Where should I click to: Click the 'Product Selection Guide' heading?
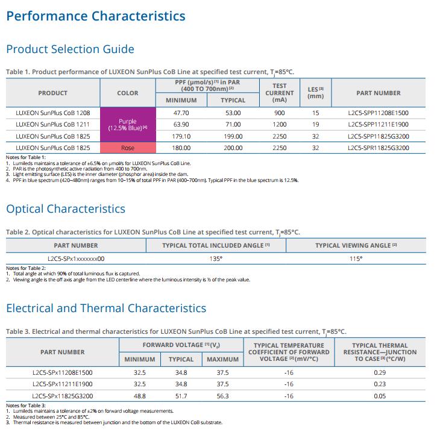tap(70, 49)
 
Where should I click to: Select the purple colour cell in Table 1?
tap(128, 125)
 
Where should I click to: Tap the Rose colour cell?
tap(128, 148)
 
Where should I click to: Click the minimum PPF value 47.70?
tap(181, 113)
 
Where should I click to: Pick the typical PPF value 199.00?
tap(233, 136)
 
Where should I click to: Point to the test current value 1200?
tap(280, 124)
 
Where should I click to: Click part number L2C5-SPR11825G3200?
tap(379, 148)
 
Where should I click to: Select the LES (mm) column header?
tap(316, 93)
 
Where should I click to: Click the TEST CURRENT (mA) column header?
tap(280, 93)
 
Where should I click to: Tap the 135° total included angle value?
tap(216, 258)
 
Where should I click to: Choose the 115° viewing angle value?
tap(356, 258)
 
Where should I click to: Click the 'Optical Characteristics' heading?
tap(66, 209)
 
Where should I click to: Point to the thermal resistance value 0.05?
tap(380, 396)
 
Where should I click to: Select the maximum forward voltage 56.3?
tap(222, 396)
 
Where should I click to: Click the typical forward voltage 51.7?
tap(181, 396)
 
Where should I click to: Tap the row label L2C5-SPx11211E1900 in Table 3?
tap(62, 384)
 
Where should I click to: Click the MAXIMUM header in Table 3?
tap(222, 359)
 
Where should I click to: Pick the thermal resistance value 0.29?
tap(380, 372)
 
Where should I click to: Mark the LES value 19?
tap(316, 124)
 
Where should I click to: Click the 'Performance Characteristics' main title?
tap(96, 16)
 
